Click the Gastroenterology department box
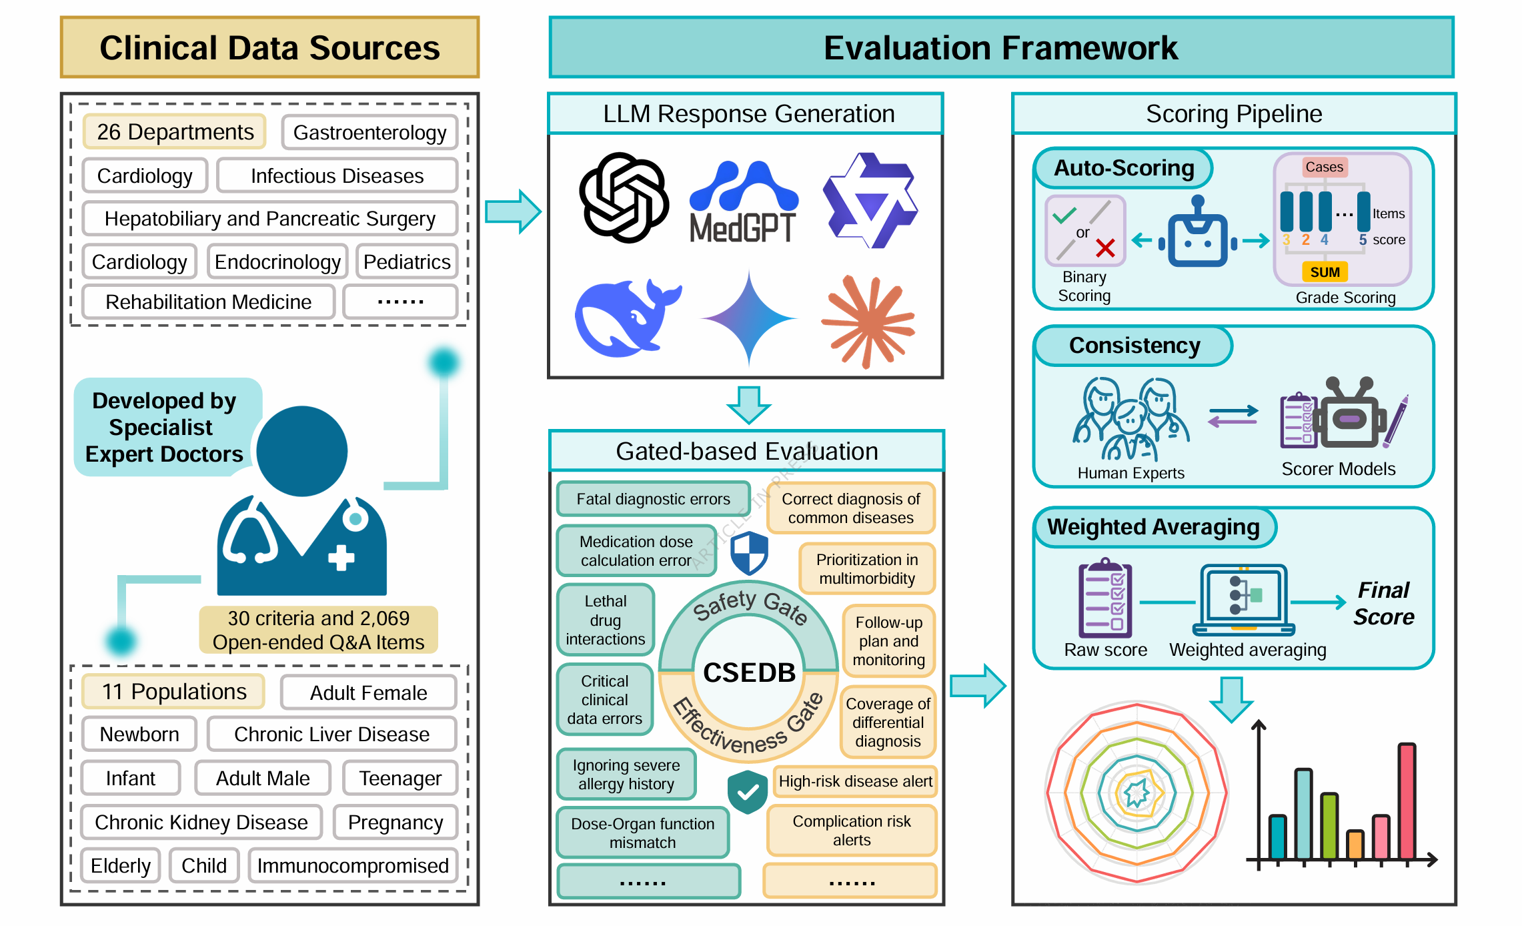369,133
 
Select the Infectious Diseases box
337,176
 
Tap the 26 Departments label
175,132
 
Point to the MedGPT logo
743,203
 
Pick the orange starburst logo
868,321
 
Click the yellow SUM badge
1325,272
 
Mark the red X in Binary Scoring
1105,249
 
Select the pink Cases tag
1324,167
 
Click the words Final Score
1383,604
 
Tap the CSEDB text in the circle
749,672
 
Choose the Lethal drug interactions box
605,620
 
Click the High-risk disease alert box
855,781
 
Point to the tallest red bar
1407,801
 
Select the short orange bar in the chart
1355,845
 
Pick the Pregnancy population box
395,823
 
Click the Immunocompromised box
353,866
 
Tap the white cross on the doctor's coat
341,558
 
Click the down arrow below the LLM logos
748,404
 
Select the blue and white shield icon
749,553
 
